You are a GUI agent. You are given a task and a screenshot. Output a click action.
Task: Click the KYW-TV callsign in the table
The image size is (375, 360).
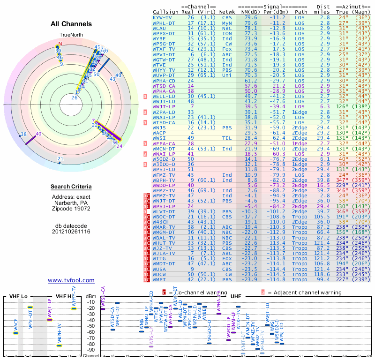coord(163,17)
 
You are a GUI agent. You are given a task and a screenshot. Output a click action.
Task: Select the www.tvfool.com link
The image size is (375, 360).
coord(71,280)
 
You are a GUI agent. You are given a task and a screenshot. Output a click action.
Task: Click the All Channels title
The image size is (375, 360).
coord(71,24)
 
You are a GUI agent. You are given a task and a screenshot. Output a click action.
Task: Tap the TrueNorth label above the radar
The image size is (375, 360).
coord(71,35)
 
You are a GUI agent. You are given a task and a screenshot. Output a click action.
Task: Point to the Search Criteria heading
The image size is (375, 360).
coord(71,187)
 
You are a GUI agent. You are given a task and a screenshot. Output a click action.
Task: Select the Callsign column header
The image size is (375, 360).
coord(165,12)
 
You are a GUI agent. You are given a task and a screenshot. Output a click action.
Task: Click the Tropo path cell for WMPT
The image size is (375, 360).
coord(301,280)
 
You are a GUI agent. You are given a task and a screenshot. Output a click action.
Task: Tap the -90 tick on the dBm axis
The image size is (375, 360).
coord(91,350)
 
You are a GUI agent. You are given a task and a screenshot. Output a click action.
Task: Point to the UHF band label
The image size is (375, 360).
coord(236,297)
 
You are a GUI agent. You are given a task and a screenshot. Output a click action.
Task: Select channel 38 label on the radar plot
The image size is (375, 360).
coord(23,135)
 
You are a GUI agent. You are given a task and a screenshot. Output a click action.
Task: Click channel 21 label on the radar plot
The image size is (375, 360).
coord(60,159)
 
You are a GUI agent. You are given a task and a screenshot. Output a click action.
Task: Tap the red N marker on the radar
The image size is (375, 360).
coord(59,44)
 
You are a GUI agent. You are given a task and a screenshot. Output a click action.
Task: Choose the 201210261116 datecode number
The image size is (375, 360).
coord(71,232)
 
